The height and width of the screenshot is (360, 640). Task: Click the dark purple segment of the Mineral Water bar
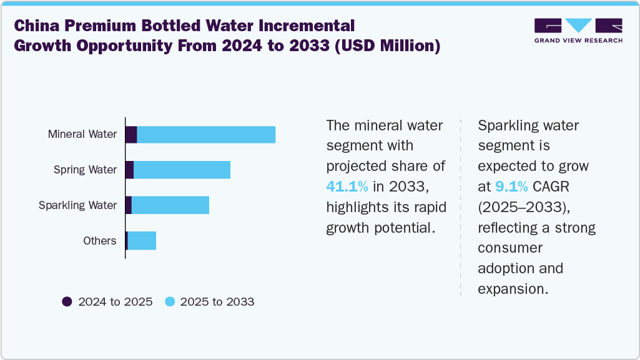click(x=131, y=134)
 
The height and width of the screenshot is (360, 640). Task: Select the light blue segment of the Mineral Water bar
click(x=206, y=134)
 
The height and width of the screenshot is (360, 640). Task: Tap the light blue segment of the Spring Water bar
click(x=182, y=170)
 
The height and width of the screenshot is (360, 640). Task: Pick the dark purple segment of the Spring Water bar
click(x=129, y=170)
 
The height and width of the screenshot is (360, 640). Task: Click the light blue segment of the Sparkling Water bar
click(x=170, y=205)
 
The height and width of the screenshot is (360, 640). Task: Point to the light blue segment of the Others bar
click(x=142, y=241)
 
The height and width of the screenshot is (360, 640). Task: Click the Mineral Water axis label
click(x=82, y=134)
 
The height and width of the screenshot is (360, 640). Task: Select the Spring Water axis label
click(x=85, y=170)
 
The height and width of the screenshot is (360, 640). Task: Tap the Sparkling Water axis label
click(x=77, y=205)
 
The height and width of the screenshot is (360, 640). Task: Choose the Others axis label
click(x=100, y=241)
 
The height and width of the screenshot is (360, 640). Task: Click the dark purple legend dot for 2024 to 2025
click(x=67, y=302)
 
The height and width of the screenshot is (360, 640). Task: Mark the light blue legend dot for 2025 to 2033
click(x=169, y=302)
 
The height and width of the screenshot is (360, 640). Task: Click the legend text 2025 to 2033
click(x=217, y=302)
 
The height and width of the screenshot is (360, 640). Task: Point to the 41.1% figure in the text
click(x=347, y=186)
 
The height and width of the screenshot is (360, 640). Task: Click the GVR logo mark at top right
click(x=578, y=26)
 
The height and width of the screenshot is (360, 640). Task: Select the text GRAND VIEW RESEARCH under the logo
click(x=578, y=41)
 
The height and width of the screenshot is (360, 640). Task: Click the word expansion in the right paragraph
click(x=512, y=289)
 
